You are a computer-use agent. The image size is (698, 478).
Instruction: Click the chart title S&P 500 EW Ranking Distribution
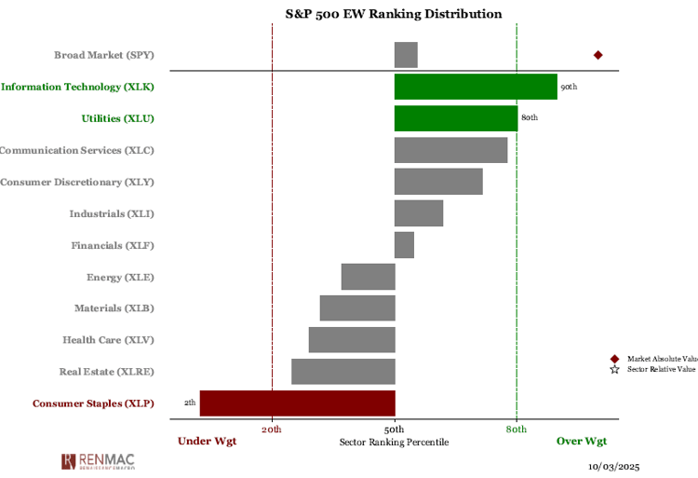point(394,14)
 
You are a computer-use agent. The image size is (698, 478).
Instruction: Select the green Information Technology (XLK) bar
point(476,87)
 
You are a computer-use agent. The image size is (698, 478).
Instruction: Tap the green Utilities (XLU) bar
point(456,118)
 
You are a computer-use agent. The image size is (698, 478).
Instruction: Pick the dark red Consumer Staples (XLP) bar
point(298,403)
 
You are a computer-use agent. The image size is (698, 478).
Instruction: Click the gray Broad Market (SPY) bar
point(406,55)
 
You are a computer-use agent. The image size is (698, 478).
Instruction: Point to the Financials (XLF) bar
point(404,245)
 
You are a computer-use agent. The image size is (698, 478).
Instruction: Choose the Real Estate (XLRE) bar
point(343,372)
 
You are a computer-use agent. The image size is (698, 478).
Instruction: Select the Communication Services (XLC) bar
point(451,150)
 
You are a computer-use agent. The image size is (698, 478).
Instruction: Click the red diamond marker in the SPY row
point(598,55)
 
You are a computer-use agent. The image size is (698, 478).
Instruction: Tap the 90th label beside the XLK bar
point(569,87)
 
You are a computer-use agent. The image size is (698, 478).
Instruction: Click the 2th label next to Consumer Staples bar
point(190,403)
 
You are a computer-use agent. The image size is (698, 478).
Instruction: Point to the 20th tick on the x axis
point(272,429)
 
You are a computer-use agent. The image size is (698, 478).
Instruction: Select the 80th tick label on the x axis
point(517,429)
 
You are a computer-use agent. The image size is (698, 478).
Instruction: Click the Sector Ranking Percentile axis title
point(394,442)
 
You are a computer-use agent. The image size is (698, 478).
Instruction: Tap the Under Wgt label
point(208,442)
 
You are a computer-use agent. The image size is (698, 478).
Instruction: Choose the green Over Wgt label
point(582,442)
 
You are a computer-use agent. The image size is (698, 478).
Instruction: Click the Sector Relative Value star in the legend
point(614,370)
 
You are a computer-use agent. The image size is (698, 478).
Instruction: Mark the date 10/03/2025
point(614,466)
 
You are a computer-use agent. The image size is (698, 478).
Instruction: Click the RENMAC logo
point(98,461)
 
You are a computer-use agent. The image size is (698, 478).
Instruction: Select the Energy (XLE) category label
point(120,277)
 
